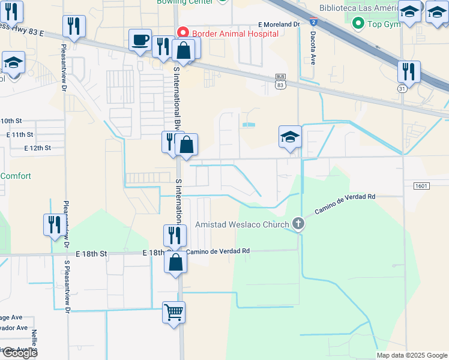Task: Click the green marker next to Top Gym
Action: [x=359, y=23]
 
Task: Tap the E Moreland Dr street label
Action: [x=279, y=24]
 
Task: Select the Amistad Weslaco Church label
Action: [x=243, y=224]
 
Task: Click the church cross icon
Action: [x=298, y=224]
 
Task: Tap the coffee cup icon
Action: [x=140, y=40]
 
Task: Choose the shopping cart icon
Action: [x=173, y=312]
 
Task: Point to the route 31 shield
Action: [x=401, y=88]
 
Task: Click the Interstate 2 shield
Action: [x=313, y=22]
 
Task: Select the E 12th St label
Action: [x=37, y=148]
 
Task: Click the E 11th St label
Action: [x=20, y=134]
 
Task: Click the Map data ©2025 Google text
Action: [x=412, y=355]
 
